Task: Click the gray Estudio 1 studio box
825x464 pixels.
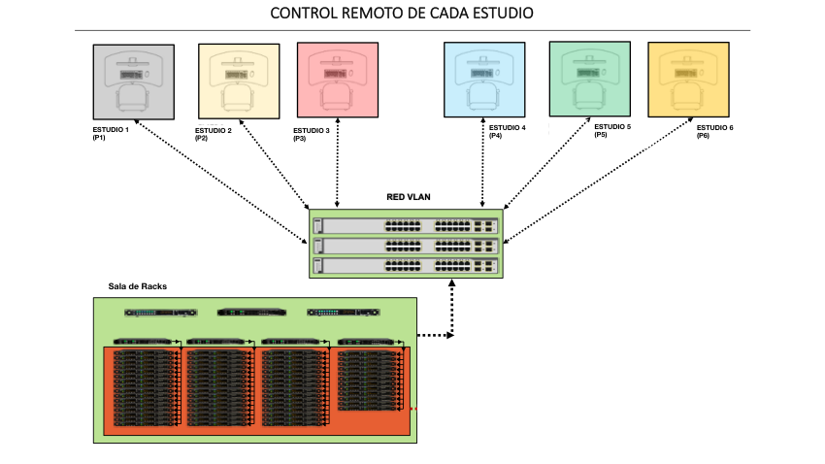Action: point(134,81)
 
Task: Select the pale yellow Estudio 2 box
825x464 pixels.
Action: point(238,81)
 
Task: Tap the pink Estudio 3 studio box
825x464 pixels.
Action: point(337,81)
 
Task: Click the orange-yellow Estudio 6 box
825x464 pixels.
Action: point(688,81)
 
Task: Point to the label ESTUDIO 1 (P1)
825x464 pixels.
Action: point(110,134)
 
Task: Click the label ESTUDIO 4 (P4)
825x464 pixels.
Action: point(507,131)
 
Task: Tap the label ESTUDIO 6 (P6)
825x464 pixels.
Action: point(714,131)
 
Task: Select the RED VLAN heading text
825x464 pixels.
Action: point(409,197)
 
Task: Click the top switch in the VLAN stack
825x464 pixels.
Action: point(405,225)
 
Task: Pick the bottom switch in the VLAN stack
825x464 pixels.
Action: point(405,265)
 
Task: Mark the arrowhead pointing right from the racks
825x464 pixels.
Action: point(448,337)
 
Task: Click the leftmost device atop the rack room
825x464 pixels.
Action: point(160,313)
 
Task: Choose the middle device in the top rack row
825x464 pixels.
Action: point(252,313)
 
